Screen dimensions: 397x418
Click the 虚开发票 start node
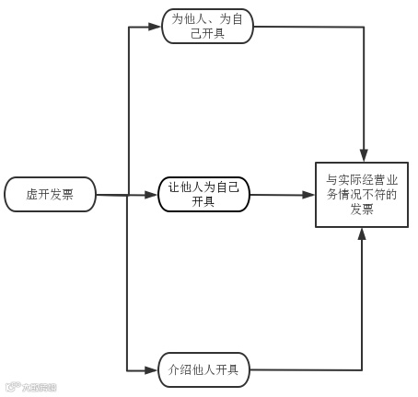click(x=50, y=194)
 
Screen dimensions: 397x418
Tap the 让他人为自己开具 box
click(x=203, y=194)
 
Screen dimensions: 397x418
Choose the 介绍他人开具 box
click(x=203, y=369)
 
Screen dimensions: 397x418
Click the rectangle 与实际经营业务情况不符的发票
click(x=362, y=194)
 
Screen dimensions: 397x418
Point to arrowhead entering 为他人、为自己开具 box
click(x=154, y=27)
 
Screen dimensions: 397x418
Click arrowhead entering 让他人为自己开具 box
click(x=151, y=195)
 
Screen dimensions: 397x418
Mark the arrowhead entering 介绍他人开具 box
click(x=151, y=369)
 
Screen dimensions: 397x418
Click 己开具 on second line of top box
click(x=205, y=34)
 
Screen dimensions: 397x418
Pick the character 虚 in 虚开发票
click(x=32, y=194)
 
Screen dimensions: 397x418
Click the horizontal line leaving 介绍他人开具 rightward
click(x=304, y=369)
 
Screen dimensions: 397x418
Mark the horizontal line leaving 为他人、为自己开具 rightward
click(x=308, y=27)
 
